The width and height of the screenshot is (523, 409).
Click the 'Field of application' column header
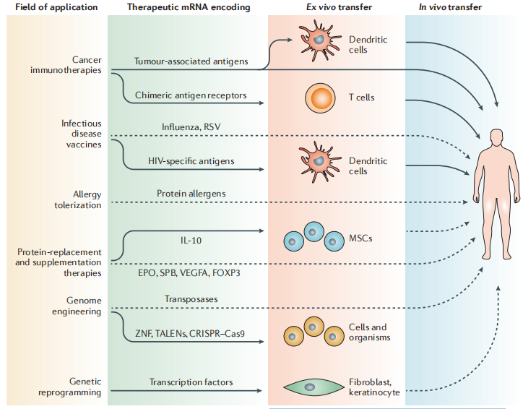point(52,7)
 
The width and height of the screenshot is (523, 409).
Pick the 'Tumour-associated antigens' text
point(191,61)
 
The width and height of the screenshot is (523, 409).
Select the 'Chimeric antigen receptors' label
point(191,95)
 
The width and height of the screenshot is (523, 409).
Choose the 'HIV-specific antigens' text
point(191,160)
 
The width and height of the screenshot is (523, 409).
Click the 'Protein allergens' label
point(191,193)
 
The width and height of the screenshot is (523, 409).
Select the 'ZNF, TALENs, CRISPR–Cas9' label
point(191,332)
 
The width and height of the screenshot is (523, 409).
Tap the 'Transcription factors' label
point(191,382)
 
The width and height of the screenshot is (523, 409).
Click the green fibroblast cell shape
point(310,387)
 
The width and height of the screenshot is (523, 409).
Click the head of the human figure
point(495,137)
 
